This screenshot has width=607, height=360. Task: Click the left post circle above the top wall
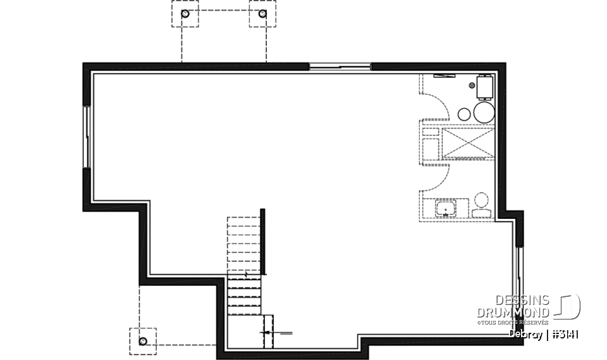click(x=185, y=13)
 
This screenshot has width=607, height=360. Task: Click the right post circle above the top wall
click(x=262, y=13)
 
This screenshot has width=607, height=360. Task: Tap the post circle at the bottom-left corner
click(x=143, y=342)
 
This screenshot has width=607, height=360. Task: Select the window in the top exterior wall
click(x=340, y=66)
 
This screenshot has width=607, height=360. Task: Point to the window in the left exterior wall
click(x=86, y=136)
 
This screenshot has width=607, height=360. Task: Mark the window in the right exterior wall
click(x=520, y=278)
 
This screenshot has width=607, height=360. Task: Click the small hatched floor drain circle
click(x=472, y=84)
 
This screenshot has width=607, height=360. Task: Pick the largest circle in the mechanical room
click(x=484, y=113)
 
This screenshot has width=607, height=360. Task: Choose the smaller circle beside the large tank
click(x=464, y=114)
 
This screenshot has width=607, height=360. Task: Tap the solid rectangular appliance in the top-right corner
click(x=485, y=86)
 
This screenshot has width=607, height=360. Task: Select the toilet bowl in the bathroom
click(x=481, y=202)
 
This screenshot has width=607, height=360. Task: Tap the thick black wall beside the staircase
click(x=262, y=240)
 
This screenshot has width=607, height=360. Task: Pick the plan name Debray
click(x=524, y=335)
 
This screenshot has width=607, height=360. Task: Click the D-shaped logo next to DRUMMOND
click(x=568, y=307)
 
